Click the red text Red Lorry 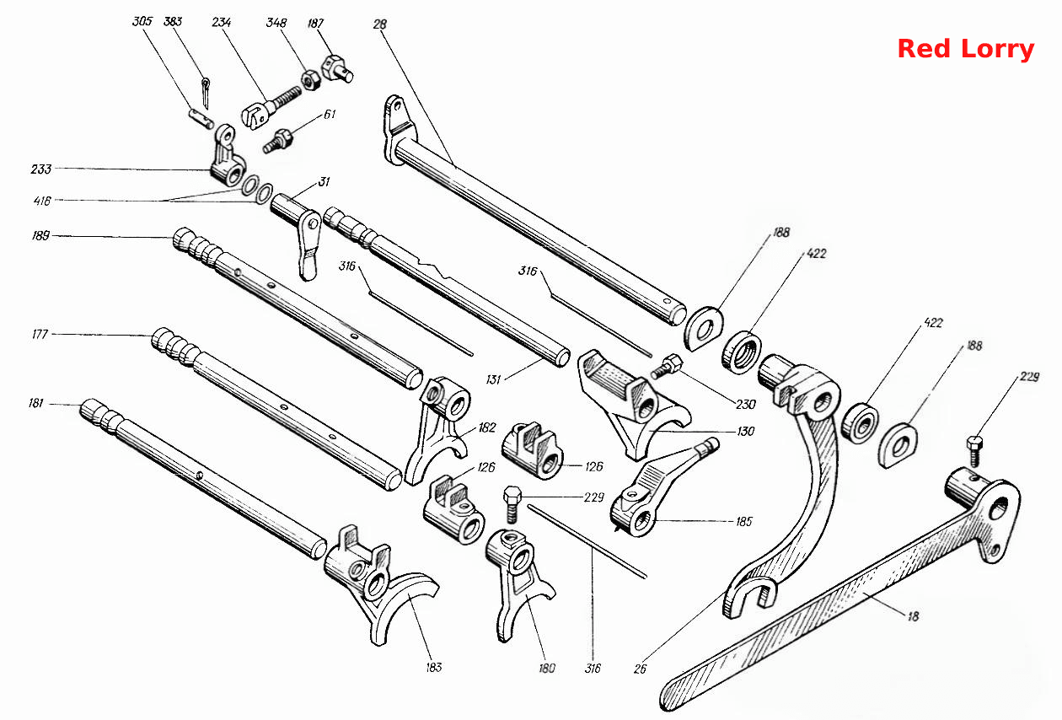966,50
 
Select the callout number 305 142,21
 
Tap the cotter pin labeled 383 206,93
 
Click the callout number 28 380,24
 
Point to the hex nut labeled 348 310,81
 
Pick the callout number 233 41,169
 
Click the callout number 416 42,201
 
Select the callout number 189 40,236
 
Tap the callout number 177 40,335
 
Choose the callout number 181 35,403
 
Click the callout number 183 434,668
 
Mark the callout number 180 547,669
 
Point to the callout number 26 640,669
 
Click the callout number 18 913,616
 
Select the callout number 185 744,522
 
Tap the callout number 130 745,431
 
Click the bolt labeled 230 666,367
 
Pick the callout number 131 493,379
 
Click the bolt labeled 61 278,141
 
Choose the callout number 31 324,181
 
